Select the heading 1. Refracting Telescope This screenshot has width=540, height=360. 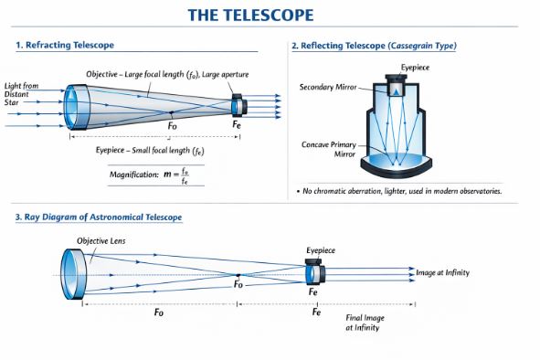(x=66, y=44)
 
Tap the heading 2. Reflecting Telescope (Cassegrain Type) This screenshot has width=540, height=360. (x=374, y=46)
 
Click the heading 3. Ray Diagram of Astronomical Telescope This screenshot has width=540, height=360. (x=98, y=217)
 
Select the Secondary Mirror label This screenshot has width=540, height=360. (x=328, y=88)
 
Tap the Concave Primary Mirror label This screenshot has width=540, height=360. (x=329, y=150)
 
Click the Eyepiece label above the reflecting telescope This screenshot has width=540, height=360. (x=415, y=68)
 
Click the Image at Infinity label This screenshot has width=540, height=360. (x=450, y=272)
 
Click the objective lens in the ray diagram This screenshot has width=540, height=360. (x=71, y=272)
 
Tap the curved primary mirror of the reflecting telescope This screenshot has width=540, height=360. (x=395, y=168)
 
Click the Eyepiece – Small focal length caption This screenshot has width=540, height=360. (x=149, y=150)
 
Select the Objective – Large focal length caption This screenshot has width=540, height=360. (x=167, y=74)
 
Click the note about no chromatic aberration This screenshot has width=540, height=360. (x=398, y=191)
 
